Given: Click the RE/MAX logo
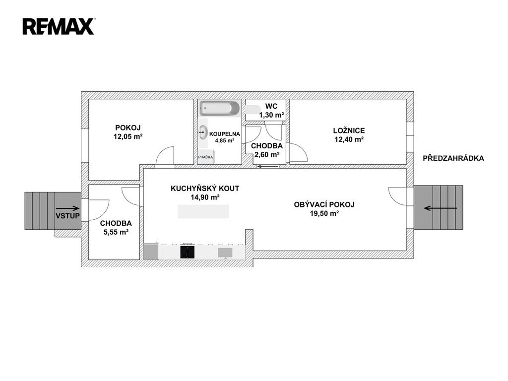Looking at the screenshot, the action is (x=59, y=27).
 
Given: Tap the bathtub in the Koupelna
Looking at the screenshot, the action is (x=220, y=108).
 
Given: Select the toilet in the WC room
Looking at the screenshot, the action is (x=253, y=110).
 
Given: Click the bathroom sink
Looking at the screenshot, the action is (x=203, y=132).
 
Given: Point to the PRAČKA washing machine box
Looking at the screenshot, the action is (x=206, y=157).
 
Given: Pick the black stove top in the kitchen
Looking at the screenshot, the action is (x=187, y=252).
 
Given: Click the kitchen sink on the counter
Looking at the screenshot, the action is (x=225, y=253).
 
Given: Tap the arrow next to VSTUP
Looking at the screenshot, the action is (x=67, y=208).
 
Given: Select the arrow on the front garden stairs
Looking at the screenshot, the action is (x=441, y=208).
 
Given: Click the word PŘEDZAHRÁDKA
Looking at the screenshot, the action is (x=453, y=158).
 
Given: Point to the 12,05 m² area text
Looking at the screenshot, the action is (x=128, y=137).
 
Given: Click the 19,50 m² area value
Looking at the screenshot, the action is (x=324, y=213).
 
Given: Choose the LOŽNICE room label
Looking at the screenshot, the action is (x=349, y=130).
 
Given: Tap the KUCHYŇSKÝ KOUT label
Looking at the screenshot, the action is (x=205, y=189).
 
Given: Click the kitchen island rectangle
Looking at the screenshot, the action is (x=203, y=211).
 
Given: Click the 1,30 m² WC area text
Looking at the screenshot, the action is (x=271, y=115).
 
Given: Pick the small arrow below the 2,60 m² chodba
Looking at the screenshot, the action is (x=268, y=167).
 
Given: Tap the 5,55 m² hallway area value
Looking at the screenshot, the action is (x=116, y=232).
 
